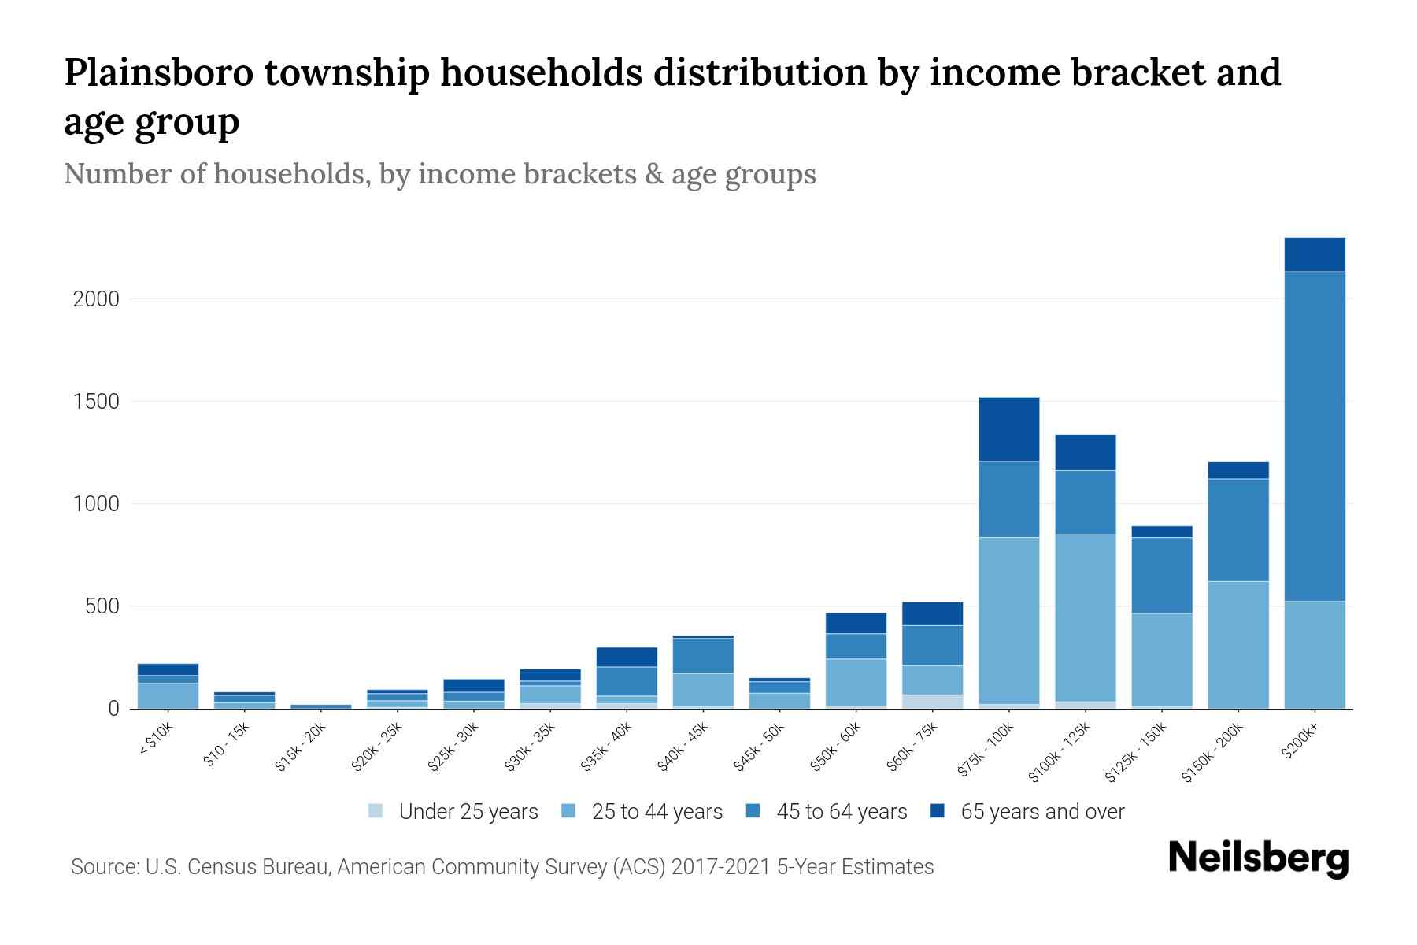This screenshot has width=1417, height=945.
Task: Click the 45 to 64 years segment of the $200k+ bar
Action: click(x=1314, y=436)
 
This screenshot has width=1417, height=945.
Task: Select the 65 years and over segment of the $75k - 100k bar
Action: click(x=1008, y=429)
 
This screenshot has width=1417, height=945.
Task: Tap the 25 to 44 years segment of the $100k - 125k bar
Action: click(x=1085, y=617)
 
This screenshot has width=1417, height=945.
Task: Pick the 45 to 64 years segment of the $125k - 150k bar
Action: click(x=1161, y=575)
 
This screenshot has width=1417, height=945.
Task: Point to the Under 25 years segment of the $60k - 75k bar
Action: click(x=932, y=701)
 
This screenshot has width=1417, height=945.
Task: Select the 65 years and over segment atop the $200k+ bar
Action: click(x=1314, y=254)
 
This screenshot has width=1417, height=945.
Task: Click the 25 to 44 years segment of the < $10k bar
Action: click(x=168, y=695)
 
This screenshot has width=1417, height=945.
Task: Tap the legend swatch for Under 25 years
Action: click(x=376, y=810)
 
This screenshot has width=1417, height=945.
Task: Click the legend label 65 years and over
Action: click(x=1041, y=812)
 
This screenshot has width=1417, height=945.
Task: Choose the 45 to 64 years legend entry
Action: click(x=841, y=812)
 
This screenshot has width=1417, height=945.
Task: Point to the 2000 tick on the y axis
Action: click(x=95, y=299)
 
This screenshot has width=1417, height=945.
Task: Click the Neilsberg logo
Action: click(x=1258, y=858)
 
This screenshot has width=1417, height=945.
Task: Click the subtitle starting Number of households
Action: click(x=439, y=173)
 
